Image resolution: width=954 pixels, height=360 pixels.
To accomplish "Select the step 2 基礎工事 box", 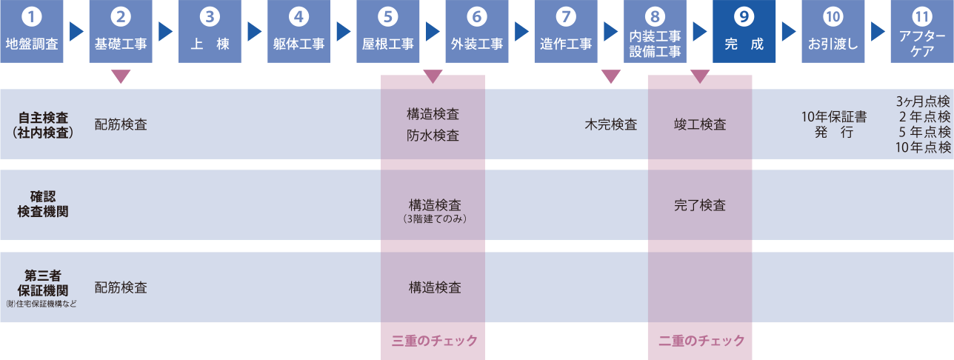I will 121,31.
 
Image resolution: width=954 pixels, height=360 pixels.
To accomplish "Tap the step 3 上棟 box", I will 210,31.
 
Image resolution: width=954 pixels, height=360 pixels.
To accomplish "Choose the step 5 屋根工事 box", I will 388,31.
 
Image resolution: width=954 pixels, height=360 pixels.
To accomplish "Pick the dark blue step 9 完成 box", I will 744,31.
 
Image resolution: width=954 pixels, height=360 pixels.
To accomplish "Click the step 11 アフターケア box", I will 922,31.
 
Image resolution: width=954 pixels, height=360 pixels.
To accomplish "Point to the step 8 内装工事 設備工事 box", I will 655,31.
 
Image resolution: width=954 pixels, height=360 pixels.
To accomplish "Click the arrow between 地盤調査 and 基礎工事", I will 76,31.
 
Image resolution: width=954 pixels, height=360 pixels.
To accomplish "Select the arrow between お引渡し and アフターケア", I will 878,31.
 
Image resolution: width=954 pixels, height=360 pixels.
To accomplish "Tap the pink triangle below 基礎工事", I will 121,76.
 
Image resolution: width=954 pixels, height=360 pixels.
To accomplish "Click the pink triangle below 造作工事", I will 610,76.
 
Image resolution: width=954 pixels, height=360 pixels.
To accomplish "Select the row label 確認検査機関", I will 43,204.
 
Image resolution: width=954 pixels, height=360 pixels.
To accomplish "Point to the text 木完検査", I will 611,124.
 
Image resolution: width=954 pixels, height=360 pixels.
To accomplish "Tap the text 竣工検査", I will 700,124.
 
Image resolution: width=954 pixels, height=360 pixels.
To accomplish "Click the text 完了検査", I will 700,205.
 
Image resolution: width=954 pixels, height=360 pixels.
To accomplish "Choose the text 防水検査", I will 433,136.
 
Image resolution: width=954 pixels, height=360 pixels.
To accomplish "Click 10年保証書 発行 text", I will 834,124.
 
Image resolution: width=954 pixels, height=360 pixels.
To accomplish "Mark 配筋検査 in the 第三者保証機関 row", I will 121,287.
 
